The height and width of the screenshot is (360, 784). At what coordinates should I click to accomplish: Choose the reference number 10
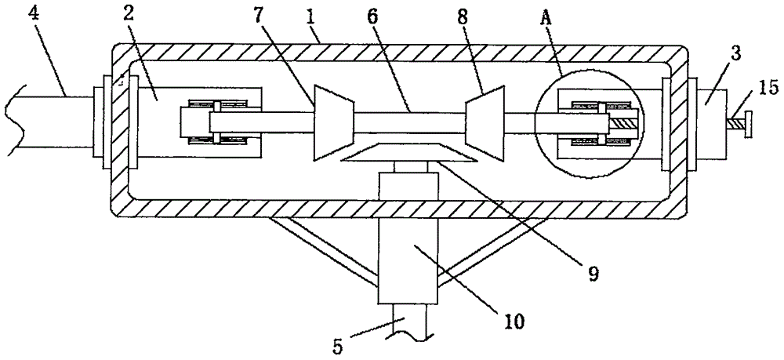513,321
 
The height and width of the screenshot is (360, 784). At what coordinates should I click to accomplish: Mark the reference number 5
339,347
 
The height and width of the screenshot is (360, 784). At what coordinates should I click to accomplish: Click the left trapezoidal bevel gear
334,123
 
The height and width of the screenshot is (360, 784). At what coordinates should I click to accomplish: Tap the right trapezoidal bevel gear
485,123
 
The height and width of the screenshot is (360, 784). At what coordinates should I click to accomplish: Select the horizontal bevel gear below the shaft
408,152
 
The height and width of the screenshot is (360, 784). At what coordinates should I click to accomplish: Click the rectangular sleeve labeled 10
409,260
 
